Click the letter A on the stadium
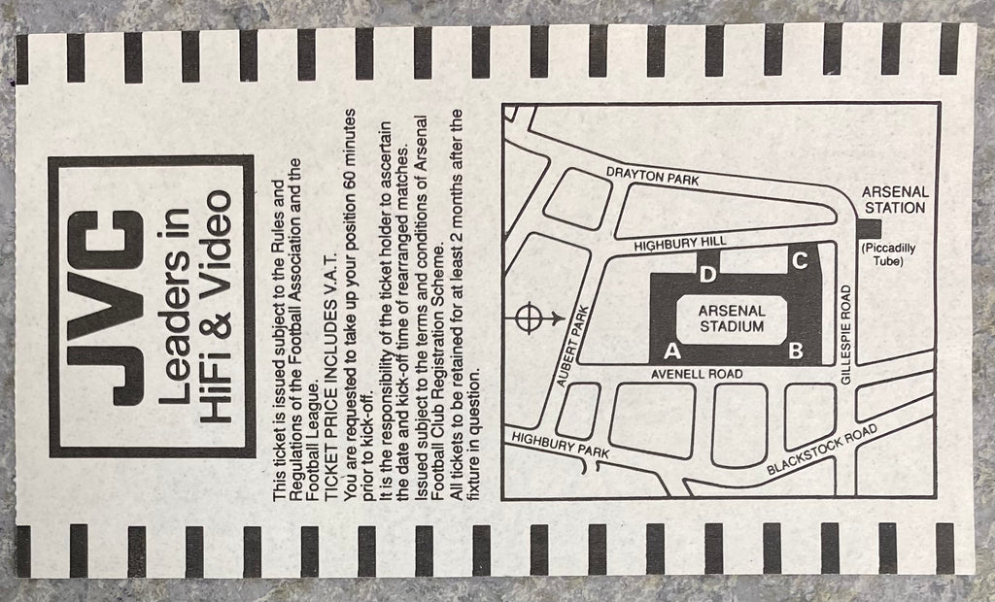[670, 350]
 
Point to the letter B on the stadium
[796, 351]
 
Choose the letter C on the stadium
[800, 261]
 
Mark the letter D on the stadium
[709, 275]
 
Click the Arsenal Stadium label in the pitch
[733, 318]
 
